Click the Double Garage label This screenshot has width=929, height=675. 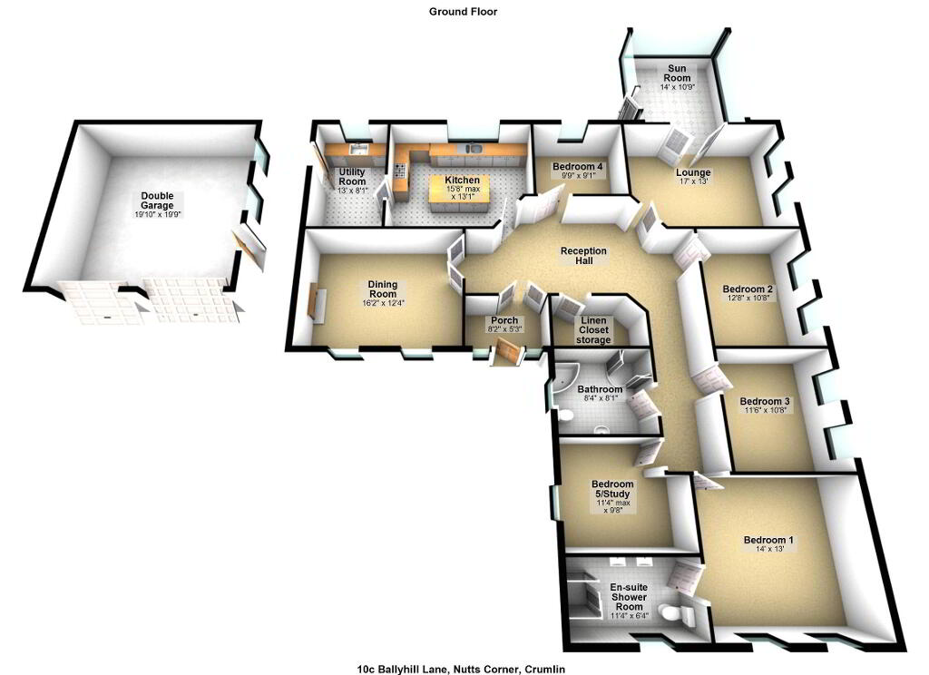click(x=158, y=201)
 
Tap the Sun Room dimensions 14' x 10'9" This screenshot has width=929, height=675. click(x=677, y=86)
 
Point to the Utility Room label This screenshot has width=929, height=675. click(x=352, y=177)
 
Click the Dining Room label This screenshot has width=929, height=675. click(x=382, y=289)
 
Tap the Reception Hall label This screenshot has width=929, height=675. click(x=583, y=256)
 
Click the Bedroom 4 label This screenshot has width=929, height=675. click(x=577, y=167)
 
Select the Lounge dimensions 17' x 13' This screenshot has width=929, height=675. click(x=693, y=181)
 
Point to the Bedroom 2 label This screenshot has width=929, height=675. click(x=748, y=289)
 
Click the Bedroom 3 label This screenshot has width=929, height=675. click(x=764, y=401)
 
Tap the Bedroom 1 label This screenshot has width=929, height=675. click(x=768, y=540)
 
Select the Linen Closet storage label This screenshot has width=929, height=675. click(x=593, y=330)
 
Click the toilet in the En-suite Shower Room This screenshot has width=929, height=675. click(x=675, y=611)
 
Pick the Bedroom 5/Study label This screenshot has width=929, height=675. click(x=612, y=488)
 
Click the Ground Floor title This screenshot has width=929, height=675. click(x=464, y=11)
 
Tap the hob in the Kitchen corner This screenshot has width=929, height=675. click(x=400, y=171)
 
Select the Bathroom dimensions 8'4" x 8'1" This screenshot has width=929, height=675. click(x=600, y=398)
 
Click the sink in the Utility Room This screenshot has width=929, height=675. click(x=358, y=148)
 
